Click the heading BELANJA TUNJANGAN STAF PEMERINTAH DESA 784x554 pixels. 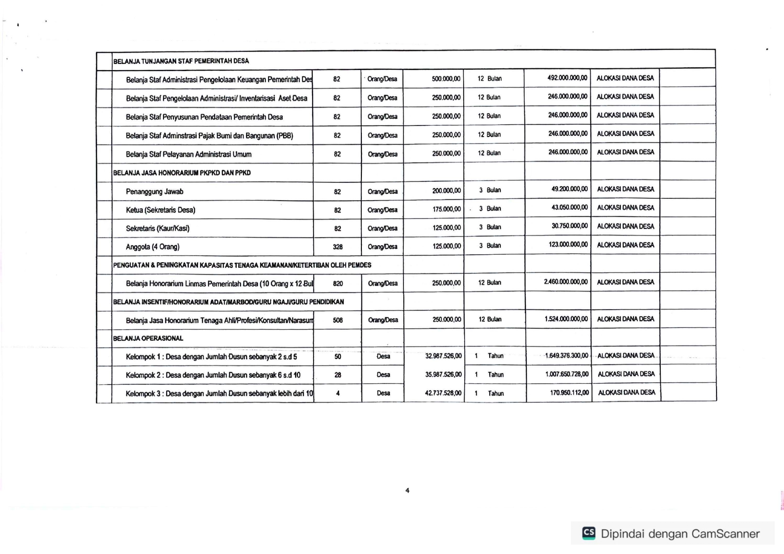pyautogui.click(x=181, y=61)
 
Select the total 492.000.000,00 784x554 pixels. pyautogui.click(x=567, y=78)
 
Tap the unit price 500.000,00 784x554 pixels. pyautogui.click(x=446, y=79)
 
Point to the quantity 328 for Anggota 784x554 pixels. pyautogui.click(x=338, y=247)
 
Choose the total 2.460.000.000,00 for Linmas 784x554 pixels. pyautogui.click(x=566, y=282)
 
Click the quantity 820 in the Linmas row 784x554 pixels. pyautogui.click(x=338, y=283)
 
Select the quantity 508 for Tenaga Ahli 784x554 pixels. pyautogui.click(x=338, y=320)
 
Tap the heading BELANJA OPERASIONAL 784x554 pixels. pyautogui.click(x=148, y=338)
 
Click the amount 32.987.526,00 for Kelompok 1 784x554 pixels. pyautogui.click(x=443, y=356)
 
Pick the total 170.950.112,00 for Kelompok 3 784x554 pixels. pyautogui.click(x=569, y=393)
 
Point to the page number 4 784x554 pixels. pyautogui.click(x=407, y=491)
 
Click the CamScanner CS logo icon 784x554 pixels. pyautogui.click(x=589, y=533)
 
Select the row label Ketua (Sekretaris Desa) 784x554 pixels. pyautogui.click(x=160, y=210)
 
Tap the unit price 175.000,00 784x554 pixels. pyautogui.click(x=446, y=209)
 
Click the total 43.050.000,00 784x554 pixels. pyautogui.click(x=570, y=208)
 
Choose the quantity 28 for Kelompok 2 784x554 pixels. pyautogui.click(x=338, y=375)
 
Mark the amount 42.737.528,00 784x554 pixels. pyautogui.click(x=443, y=393)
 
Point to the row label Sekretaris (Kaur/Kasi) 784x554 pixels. pyautogui.click(x=158, y=228)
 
